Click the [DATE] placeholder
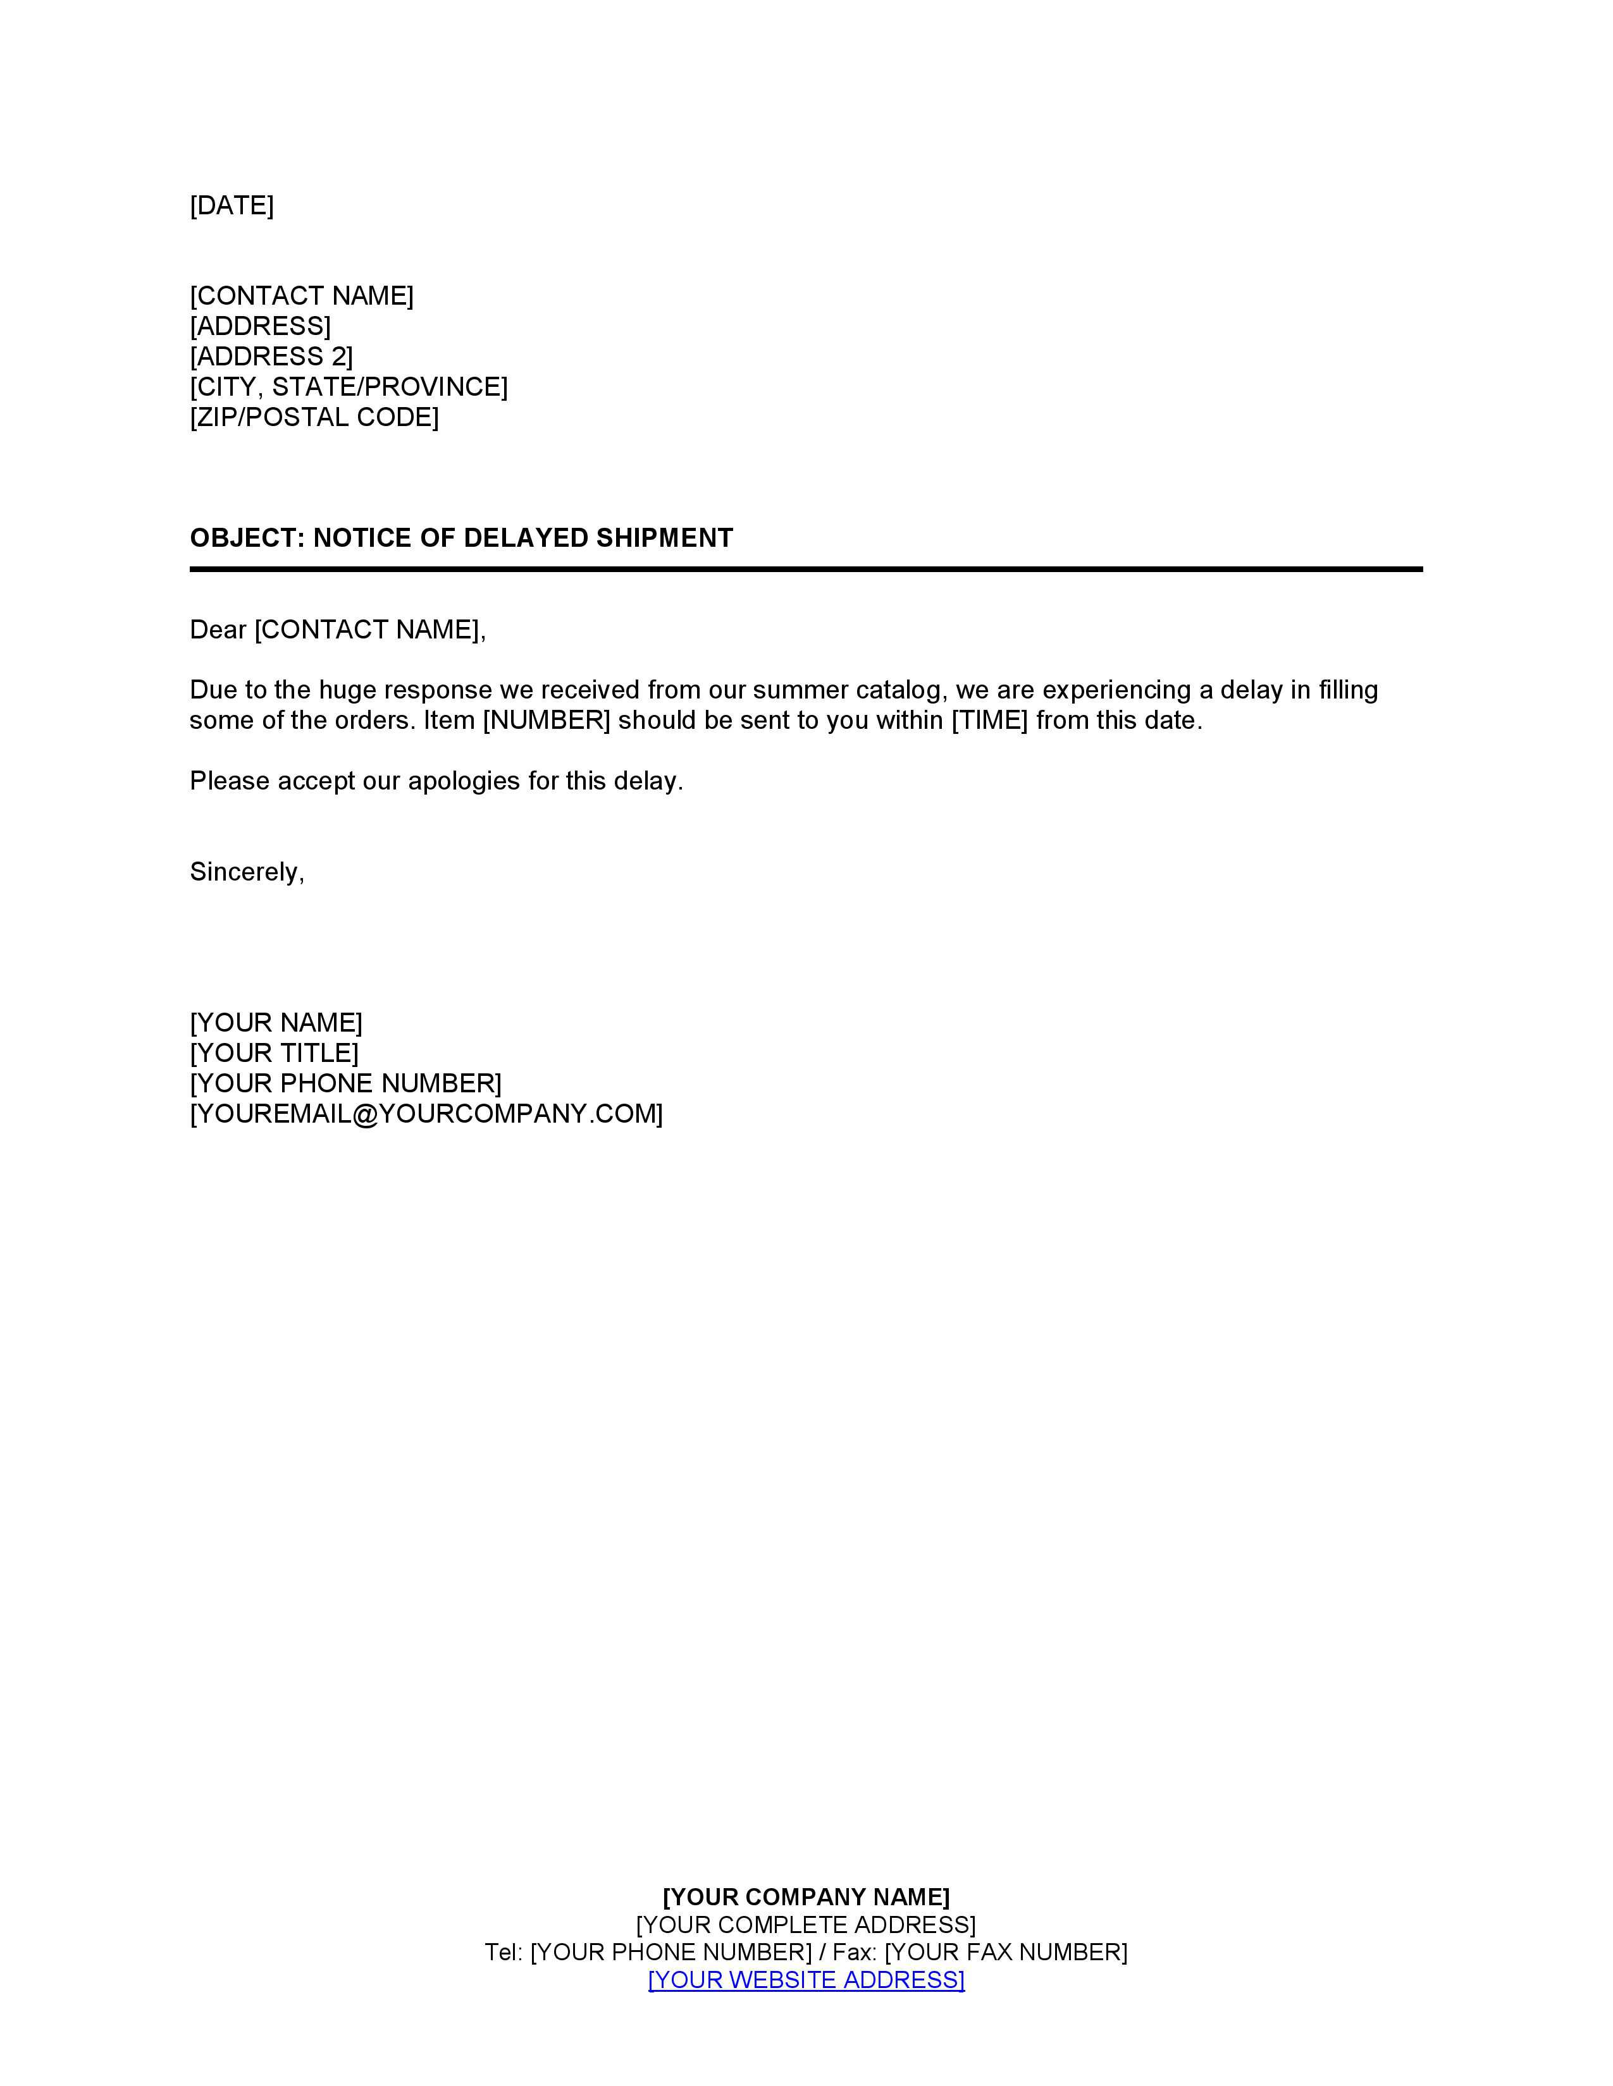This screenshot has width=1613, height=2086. (x=232, y=205)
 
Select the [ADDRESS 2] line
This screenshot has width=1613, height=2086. (x=271, y=357)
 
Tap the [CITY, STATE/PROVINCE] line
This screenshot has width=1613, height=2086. (x=349, y=387)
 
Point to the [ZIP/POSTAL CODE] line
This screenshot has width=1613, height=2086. (x=314, y=417)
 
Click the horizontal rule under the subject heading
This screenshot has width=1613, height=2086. (x=805, y=570)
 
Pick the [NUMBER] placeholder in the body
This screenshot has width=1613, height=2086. (x=547, y=720)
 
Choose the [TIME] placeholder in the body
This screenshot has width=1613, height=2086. (x=989, y=720)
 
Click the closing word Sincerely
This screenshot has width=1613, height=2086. (x=245, y=872)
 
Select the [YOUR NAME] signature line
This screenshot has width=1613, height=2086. (x=276, y=1023)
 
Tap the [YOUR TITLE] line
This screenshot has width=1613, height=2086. (x=275, y=1054)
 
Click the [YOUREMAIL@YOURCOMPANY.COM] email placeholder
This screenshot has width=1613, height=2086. (x=426, y=1114)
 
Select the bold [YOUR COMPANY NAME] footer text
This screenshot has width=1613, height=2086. (x=805, y=1897)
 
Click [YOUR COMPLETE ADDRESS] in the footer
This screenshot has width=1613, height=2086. (x=805, y=1925)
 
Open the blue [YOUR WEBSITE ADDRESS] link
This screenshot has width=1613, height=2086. (x=805, y=1980)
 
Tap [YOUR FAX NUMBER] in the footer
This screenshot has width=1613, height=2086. (x=1005, y=1952)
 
